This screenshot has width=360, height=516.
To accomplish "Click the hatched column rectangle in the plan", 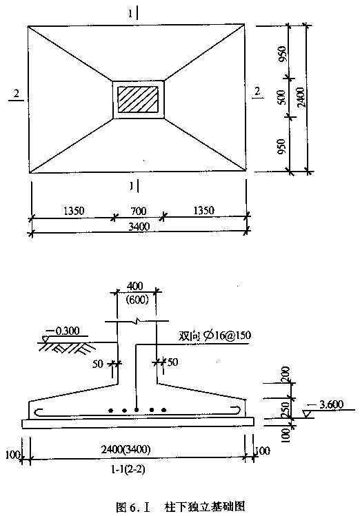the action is (137, 99).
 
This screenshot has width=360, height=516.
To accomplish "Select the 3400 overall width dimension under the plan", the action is (139, 227).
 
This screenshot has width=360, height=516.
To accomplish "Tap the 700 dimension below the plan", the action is (139, 211).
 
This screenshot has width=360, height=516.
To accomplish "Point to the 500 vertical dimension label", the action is (282, 98).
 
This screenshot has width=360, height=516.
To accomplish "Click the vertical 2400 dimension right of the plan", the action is (301, 97).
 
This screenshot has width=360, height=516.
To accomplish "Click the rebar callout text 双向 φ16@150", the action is (214, 336).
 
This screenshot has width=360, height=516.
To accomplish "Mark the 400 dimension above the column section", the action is (134, 286).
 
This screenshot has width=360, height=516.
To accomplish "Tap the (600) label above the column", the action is (137, 300).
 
